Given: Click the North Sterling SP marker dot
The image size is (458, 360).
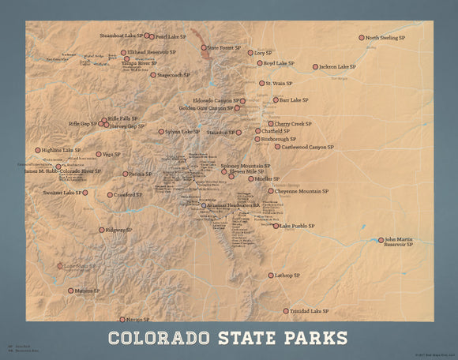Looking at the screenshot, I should [x=362, y=37].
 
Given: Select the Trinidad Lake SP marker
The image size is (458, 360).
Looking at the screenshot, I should [x=286, y=312].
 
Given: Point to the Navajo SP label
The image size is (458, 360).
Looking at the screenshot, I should [x=137, y=320].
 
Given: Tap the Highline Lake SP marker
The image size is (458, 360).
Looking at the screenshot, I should [x=38, y=149].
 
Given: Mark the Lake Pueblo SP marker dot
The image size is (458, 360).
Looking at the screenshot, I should [x=276, y=226].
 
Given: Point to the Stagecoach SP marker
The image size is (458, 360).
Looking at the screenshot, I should [x=153, y=75].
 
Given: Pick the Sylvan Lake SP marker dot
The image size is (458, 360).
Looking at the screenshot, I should [x=161, y=132].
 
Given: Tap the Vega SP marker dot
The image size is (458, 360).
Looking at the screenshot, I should [x=99, y=155].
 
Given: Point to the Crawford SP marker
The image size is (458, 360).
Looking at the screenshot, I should [x=110, y=194].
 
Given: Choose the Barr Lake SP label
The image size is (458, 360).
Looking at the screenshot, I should [x=290, y=100].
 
